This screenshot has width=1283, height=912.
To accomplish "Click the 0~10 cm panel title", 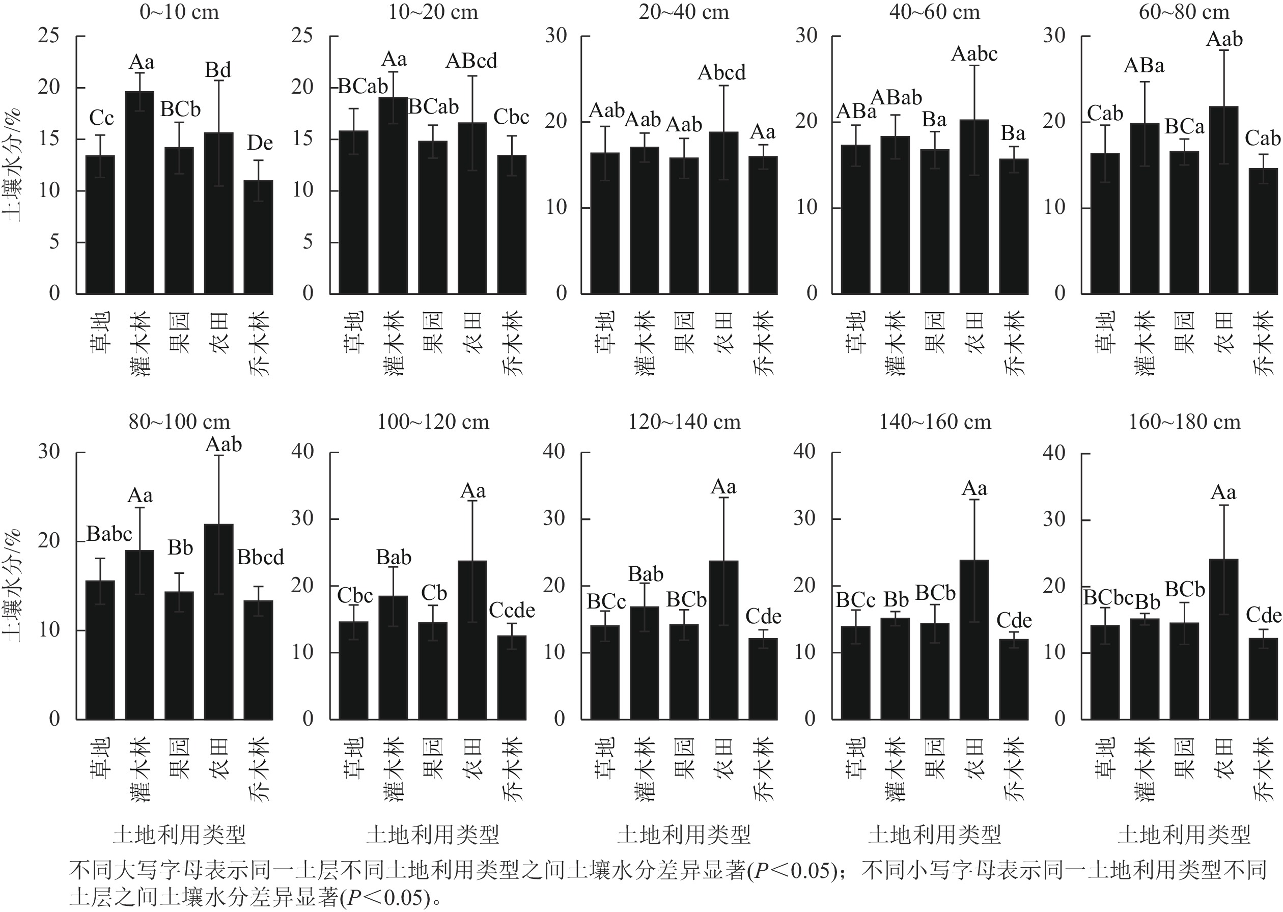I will point(179,12).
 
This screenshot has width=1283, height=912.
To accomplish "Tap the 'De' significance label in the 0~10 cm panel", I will point(260,143).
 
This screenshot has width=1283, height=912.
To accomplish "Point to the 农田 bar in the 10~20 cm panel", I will point(472,208).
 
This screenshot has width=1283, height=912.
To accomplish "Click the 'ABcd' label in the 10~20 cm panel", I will point(471,61).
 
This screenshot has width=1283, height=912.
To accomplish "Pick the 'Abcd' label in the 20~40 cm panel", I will point(721,73).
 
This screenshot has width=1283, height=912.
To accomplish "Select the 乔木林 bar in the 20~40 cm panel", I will point(763,225).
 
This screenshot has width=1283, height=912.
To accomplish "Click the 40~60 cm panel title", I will point(934,12).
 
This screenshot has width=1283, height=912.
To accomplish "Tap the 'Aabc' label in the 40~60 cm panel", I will point(974,54).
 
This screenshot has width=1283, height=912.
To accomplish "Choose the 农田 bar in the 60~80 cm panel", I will point(1223,200).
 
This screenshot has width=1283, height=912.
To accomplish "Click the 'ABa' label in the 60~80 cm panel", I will point(1143,66).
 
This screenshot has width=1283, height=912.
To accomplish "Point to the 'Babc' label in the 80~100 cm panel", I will point(109,534).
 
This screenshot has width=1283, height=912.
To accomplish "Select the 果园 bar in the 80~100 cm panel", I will point(179,655).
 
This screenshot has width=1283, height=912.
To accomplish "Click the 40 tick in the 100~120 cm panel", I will point(302,452).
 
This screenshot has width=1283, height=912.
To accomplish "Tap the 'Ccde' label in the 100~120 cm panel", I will point(512,611).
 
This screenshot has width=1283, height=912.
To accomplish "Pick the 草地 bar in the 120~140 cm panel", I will point(605,672).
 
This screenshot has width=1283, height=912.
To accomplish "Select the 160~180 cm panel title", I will point(1185,422).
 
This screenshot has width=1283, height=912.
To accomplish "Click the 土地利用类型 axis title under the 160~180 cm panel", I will point(1184,835).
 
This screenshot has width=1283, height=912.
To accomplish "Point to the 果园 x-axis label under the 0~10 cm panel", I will point(179,333).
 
